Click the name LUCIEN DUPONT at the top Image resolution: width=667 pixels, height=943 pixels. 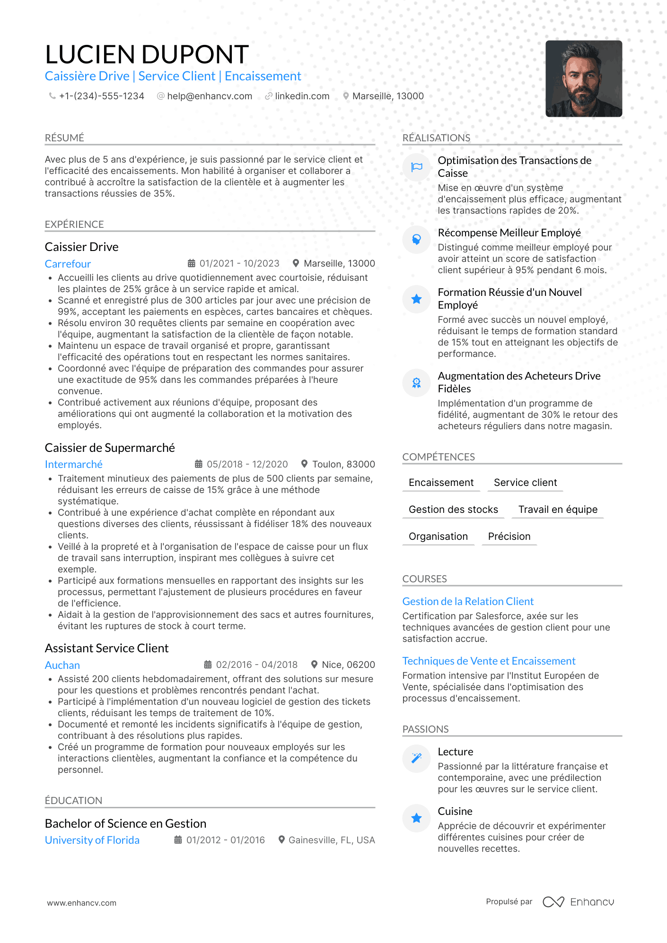tap(147, 54)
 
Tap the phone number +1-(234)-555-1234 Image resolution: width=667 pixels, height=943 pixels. tap(101, 96)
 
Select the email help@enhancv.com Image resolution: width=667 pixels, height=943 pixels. tap(209, 96)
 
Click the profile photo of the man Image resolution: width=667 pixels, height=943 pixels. tap(583, 78)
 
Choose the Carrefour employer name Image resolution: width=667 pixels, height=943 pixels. tap(68, 264)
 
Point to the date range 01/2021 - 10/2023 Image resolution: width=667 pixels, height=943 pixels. tap(239, 263)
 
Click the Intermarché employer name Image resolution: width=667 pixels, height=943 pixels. tap(73, 464)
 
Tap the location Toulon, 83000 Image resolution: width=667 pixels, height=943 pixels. tap(343, 464)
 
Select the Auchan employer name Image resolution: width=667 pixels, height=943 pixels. tap(62, 665)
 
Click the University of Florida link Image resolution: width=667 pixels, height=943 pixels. tap(92, 840)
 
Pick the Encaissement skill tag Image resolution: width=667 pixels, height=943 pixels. tap(441, 482)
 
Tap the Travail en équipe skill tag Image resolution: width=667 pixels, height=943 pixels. tap(558, 509)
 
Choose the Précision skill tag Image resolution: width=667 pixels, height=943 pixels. tap(509, 536)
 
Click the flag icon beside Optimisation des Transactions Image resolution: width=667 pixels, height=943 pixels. tap(416, 167)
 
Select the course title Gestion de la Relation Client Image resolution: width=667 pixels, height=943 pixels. tap(467, 601)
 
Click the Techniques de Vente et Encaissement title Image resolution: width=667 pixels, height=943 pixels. tap(489, 661)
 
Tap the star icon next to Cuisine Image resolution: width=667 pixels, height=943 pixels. tap(416, 818)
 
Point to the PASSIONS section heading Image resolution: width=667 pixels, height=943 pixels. tap(425, 729)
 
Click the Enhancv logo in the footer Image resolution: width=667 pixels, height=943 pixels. tap(578, 902)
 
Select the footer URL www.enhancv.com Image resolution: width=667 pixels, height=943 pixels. tap(81, 903)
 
